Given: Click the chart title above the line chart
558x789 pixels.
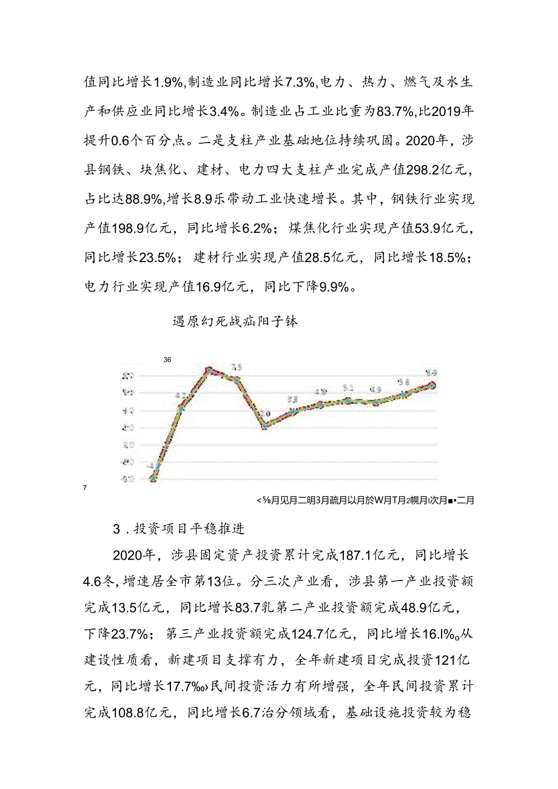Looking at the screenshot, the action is (235, 321).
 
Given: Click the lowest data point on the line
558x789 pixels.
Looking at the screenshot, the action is (153, 478).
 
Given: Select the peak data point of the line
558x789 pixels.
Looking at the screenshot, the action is (208, 369).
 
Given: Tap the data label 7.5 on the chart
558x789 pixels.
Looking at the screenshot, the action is (236, 367).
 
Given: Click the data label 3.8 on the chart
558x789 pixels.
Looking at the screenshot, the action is (292, 400).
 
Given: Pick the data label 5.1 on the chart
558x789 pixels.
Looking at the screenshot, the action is (348, 388).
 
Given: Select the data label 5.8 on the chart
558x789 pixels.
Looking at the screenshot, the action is (404, 383).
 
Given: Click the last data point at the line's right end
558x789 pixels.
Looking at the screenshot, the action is (432, 384).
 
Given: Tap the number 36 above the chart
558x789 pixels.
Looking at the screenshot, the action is (167, 360).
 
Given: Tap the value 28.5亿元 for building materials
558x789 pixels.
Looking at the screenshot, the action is (334, 257).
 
